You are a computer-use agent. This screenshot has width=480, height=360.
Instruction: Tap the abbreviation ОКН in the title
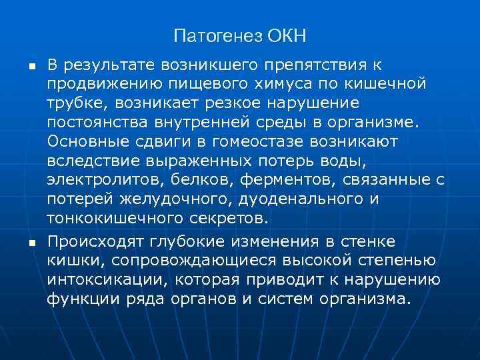(x=288, y=35)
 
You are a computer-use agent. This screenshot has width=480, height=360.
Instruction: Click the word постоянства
(x=98, y=123)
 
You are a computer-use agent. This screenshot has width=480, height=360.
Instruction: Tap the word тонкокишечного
(x=111, y=219)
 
